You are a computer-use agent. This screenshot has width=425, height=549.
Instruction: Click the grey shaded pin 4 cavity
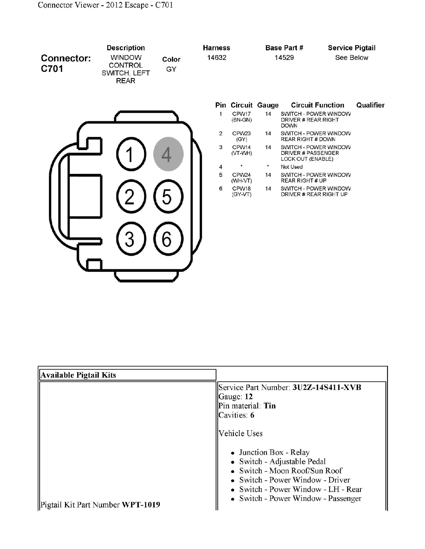point(168,154)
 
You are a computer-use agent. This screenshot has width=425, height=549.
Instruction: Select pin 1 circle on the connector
point(131,154)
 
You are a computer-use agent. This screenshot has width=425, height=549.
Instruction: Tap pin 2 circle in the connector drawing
point(131,196)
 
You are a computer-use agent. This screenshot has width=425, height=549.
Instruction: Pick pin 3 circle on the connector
point(131,238)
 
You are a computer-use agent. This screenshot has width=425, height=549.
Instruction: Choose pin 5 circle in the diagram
point(168,196)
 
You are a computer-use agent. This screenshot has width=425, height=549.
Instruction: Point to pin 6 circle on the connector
point(168,238)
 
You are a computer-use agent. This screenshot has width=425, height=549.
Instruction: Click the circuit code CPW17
point(241,114)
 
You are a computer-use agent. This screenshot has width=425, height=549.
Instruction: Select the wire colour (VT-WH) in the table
point(242,153)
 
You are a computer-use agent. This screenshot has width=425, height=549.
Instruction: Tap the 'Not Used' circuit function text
point(291,167)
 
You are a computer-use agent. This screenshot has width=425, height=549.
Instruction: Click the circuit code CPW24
point(241,175)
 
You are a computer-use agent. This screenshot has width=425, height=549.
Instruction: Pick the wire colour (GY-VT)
point(242,194)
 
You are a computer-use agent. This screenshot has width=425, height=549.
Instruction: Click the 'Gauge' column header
point(268,105)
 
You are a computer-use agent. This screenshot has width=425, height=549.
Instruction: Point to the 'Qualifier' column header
point(370,105)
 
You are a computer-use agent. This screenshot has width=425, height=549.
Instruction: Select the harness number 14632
point(217,58)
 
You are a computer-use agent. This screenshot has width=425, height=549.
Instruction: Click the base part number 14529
point(284,58)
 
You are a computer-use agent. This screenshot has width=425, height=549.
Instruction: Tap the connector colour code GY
point(171,69)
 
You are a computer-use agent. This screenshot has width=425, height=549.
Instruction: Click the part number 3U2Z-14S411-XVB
point(327,387)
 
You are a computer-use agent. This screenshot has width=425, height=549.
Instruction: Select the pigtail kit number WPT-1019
point(141,505)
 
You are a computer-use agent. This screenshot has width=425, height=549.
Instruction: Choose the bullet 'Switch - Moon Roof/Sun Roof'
point(291,470)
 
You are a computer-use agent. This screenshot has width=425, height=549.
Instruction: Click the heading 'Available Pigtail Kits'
point(78,375)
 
